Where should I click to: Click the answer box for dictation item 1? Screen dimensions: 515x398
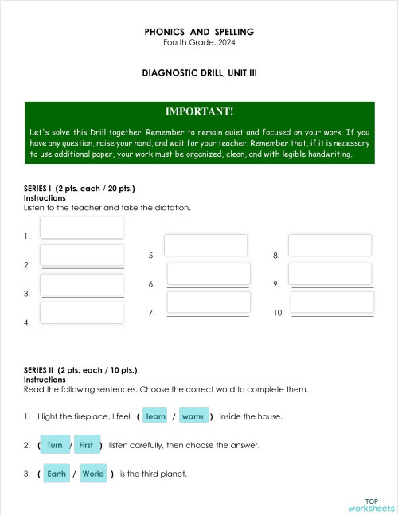click(82, 228)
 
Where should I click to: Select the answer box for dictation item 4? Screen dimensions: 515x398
click(82, 313)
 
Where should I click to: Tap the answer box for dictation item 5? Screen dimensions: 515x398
click(206, 245)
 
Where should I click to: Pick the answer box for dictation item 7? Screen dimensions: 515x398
click(209, 302)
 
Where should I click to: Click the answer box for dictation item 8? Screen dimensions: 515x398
click(330, 245)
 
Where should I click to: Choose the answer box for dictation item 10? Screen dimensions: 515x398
click(332, 302)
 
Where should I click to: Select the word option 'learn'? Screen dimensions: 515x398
click(156, 416)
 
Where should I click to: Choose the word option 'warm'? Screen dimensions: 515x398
click(193, 416)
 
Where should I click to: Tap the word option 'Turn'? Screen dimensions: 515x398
click(55, 445)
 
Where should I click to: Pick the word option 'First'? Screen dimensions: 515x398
click(86, 445)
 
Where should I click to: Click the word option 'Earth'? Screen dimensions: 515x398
click(57, 474)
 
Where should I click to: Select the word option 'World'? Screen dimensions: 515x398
click(93, 474)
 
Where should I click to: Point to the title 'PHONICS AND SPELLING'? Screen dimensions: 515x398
click(199, 32)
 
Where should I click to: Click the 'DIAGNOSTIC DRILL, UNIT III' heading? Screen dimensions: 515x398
click(199, 72)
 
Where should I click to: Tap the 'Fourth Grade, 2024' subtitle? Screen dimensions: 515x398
click(199, 42)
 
